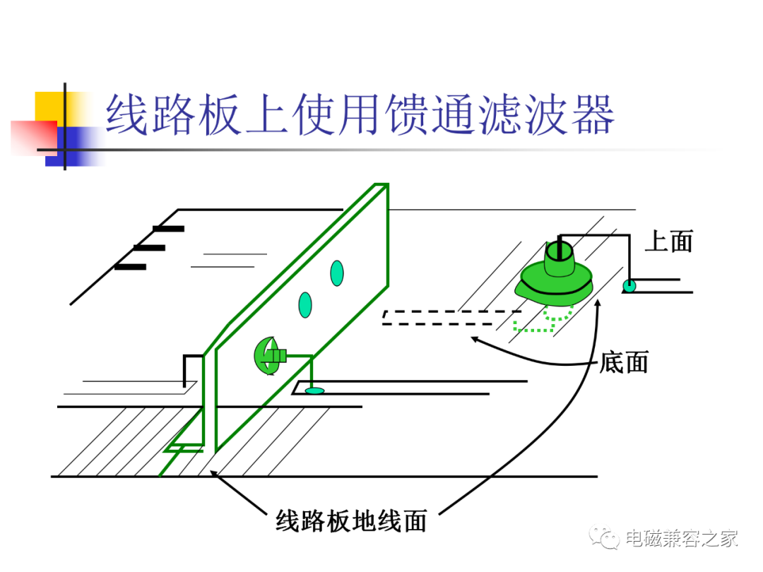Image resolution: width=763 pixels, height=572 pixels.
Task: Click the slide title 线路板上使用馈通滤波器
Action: [x=360, y=115]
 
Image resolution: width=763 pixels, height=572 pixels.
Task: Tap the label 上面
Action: [x=668, y=242]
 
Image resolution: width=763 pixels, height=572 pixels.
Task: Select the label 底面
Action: [x=624, y=362]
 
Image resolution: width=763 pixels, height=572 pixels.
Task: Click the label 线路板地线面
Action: [x=351, y=521]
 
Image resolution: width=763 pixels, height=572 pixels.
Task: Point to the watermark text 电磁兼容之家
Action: [x=682, y=538]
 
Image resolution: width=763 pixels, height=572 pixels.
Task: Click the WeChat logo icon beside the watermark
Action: [x=604, y=537]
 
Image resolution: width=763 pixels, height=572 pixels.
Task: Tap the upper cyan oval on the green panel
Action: [x=337, y=273]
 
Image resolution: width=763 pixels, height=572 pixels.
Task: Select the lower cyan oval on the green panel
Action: [x=305, y=305]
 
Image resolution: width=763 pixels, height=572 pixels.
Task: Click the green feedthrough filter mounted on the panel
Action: [x=270, y=356]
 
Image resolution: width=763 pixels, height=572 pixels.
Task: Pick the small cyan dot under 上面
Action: [x=629, y=285]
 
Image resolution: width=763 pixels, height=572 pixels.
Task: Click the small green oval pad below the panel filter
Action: [x=314, y=391]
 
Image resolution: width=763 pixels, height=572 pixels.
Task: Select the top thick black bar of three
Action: [x=168, y=229]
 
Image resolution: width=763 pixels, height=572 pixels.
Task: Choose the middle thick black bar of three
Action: [x=149, y=248]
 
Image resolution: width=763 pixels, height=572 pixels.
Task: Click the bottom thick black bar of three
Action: [x=131, y=267]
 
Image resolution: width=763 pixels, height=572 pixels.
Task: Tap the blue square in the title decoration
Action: [x=73, y=146]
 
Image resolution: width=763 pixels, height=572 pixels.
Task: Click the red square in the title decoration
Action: [x=34, y=138]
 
